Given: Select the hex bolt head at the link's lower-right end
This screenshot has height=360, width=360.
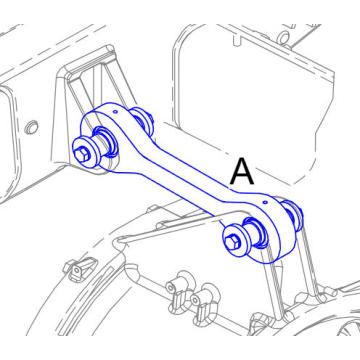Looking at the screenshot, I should (235, 241).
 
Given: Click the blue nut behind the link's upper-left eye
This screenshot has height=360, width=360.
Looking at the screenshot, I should (141, 119).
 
